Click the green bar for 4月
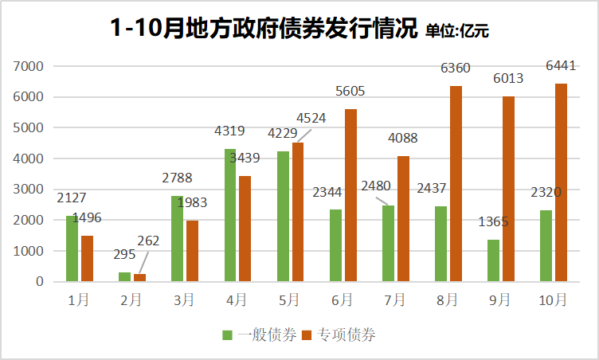pos(230,215)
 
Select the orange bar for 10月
pos(561,182)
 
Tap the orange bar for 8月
pos(456,183)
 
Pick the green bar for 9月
pos(494,260)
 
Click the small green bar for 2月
pos(125,276)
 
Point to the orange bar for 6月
pos(350,195)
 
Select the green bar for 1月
pos(72,248)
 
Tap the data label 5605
pos(350,91)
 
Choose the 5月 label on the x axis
pos(289,300)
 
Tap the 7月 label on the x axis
pos(394,300)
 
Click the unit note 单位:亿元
pos(457,31)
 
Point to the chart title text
pos(264,28)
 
